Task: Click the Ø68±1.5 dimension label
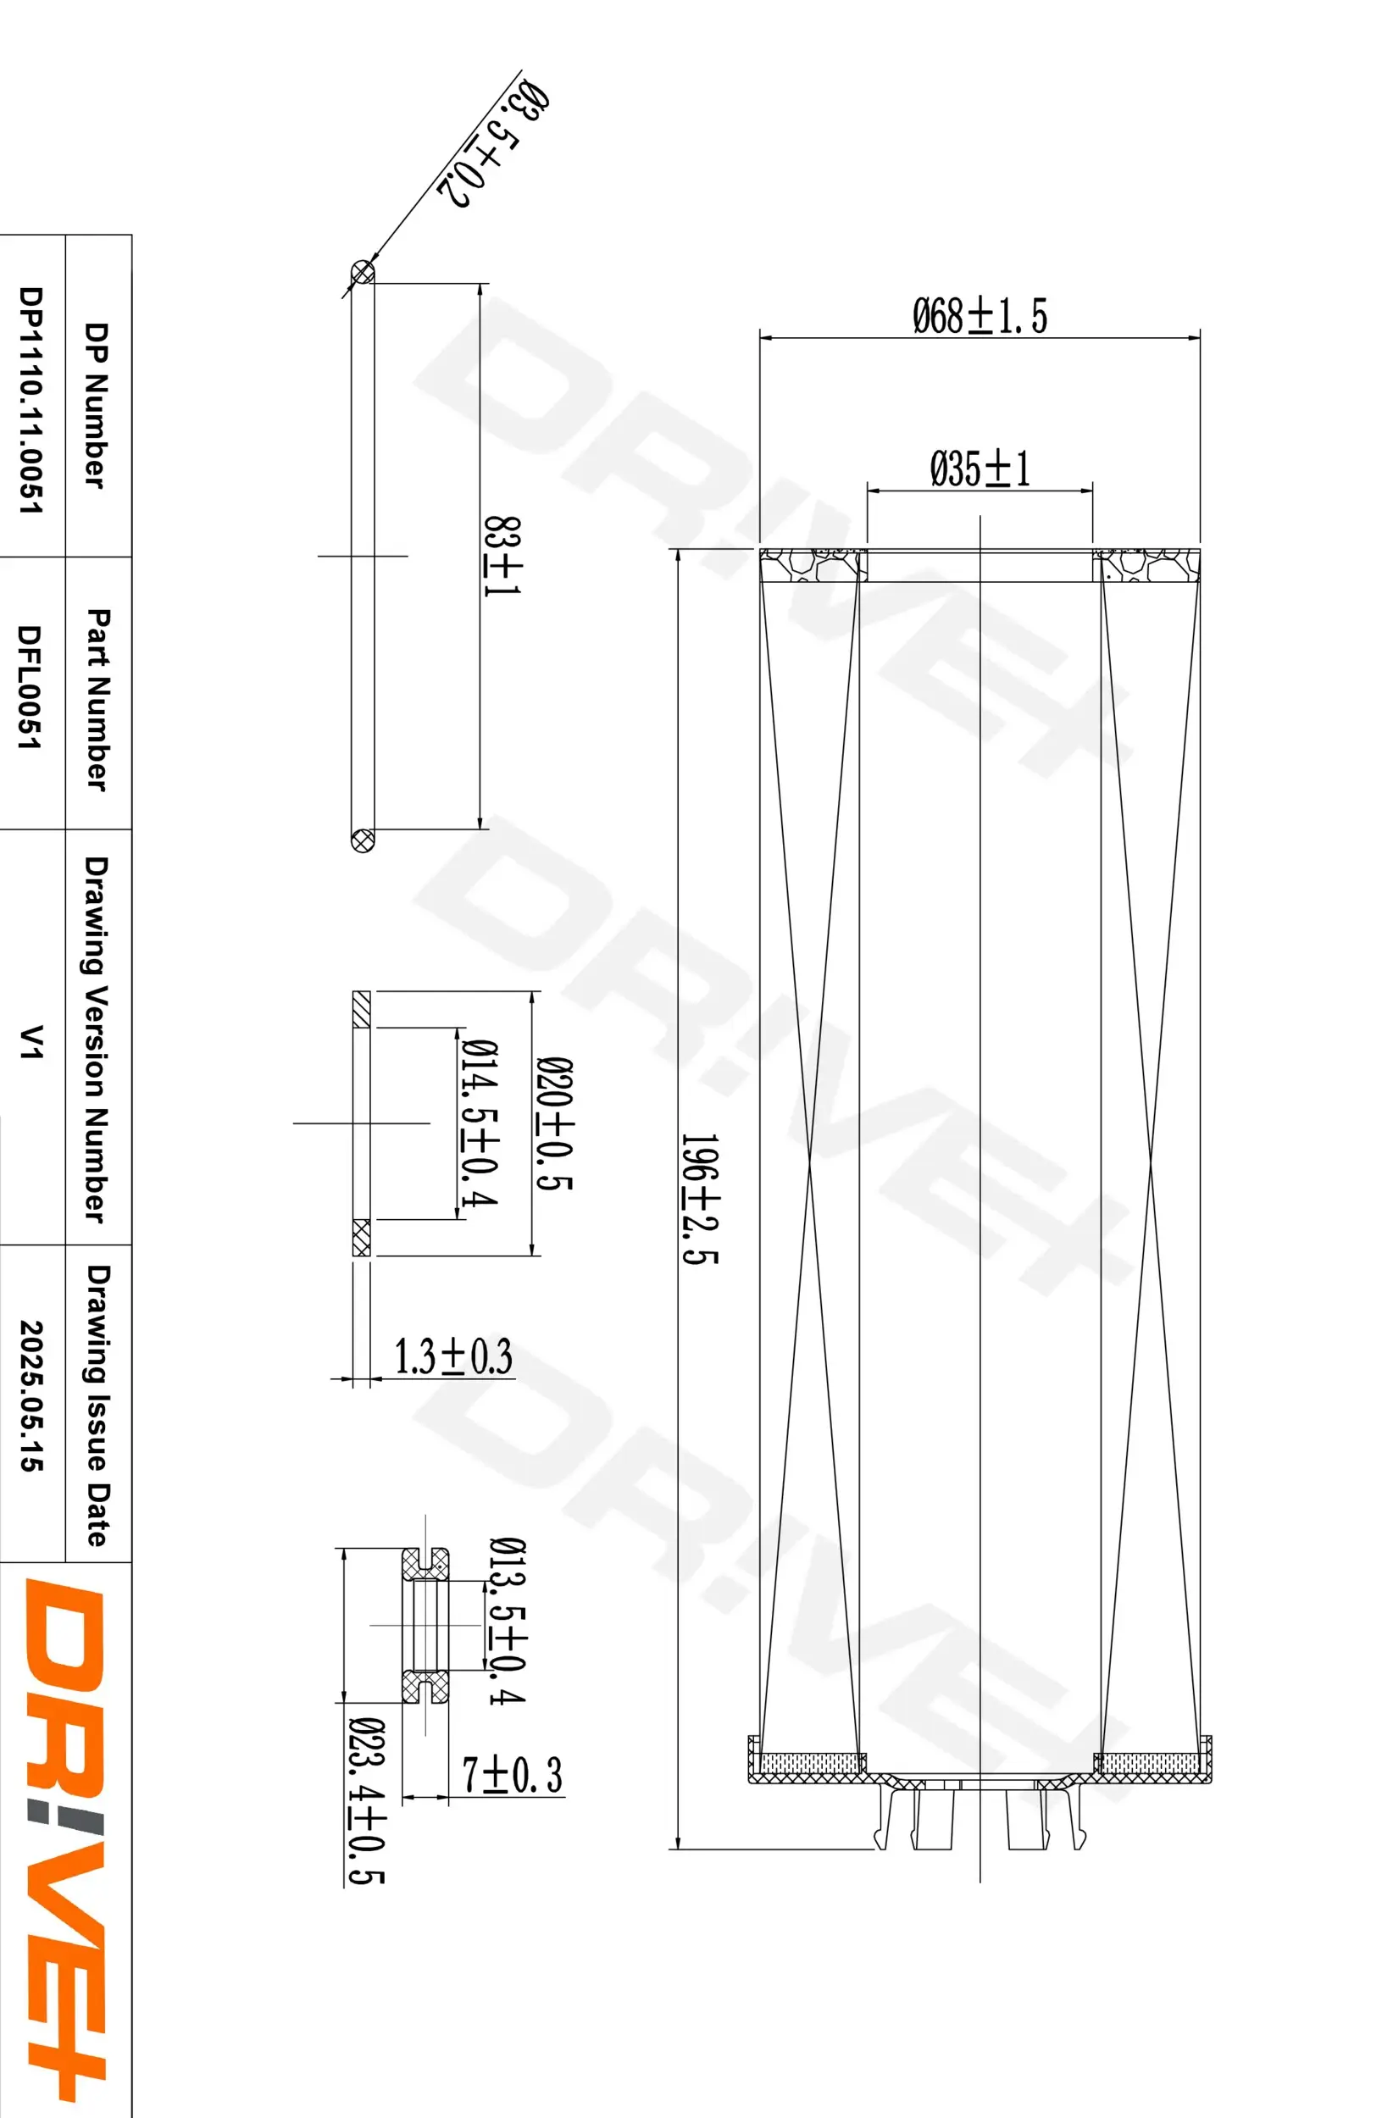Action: coord(980,316)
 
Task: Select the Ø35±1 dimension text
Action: coord(980,469)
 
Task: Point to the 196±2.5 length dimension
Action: coord(699,1198)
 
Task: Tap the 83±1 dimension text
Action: coord(502,557)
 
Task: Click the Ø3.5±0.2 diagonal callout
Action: coord(492,144)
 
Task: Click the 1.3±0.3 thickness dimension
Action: coord(453,1357)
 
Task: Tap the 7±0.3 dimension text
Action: coord(512,1773)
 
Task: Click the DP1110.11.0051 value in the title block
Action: coord(31,400)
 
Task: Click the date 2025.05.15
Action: coord(31,1395)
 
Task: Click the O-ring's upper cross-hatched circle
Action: coord(362,271)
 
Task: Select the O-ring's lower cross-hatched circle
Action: coord(362,840)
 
